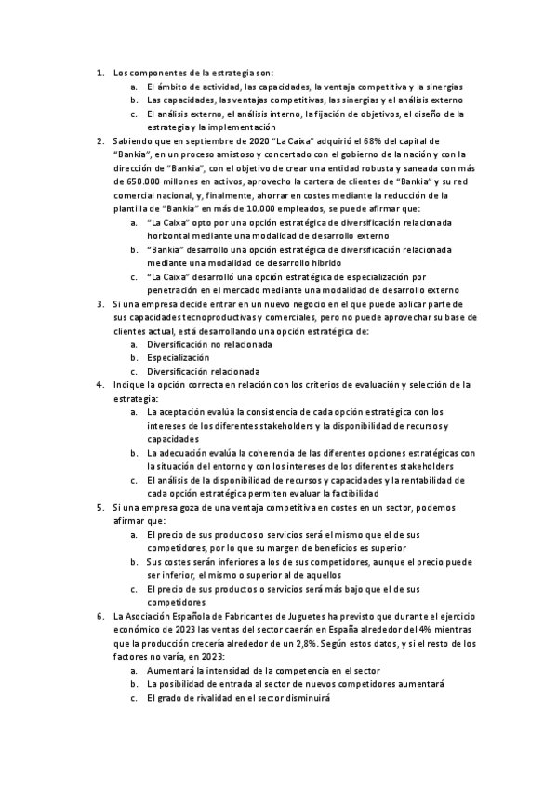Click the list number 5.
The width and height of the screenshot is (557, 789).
pyautogui.click(x=100, y=506)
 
